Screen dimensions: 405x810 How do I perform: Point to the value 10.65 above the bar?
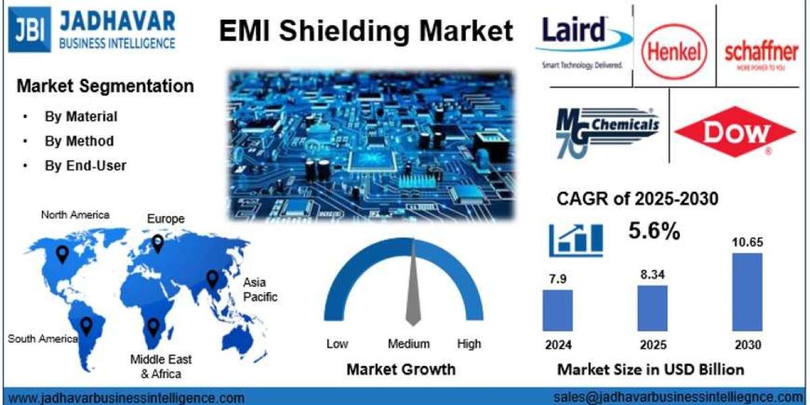coord(747,242)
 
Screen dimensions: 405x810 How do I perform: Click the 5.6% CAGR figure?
coord(654,231)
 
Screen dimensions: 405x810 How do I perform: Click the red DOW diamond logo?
coord(735,131)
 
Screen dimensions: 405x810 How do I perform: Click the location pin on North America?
coord(62,254)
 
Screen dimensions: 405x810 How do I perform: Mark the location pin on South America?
coord(86,326)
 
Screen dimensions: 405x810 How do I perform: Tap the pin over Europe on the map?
coord(157,243)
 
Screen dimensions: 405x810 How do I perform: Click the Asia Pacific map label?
coord(260,290)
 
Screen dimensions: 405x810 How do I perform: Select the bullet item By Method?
coord(79,141)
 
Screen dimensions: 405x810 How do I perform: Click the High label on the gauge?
coord(468,344)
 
